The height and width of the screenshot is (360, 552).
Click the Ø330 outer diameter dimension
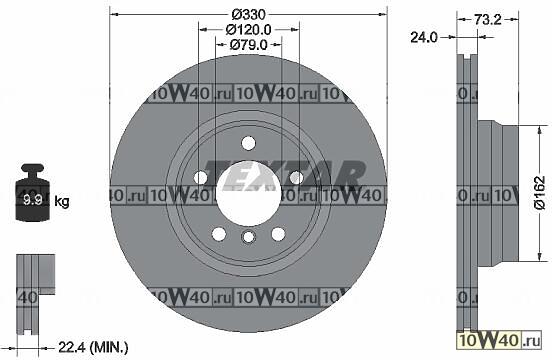(249, 14)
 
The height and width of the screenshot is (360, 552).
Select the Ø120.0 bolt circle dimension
(249, 30)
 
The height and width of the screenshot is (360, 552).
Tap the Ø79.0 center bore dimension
(249, 45)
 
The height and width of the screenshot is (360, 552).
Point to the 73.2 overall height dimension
(488, 19)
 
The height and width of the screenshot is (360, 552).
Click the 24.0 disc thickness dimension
(424, 37)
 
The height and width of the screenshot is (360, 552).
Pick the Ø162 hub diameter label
(540, 194)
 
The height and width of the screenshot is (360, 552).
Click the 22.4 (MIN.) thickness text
(93, 348)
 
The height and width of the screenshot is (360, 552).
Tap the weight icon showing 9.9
(32, 193)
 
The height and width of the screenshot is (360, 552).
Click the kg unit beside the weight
(62, 202)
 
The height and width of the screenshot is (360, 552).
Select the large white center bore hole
(249, 194)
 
